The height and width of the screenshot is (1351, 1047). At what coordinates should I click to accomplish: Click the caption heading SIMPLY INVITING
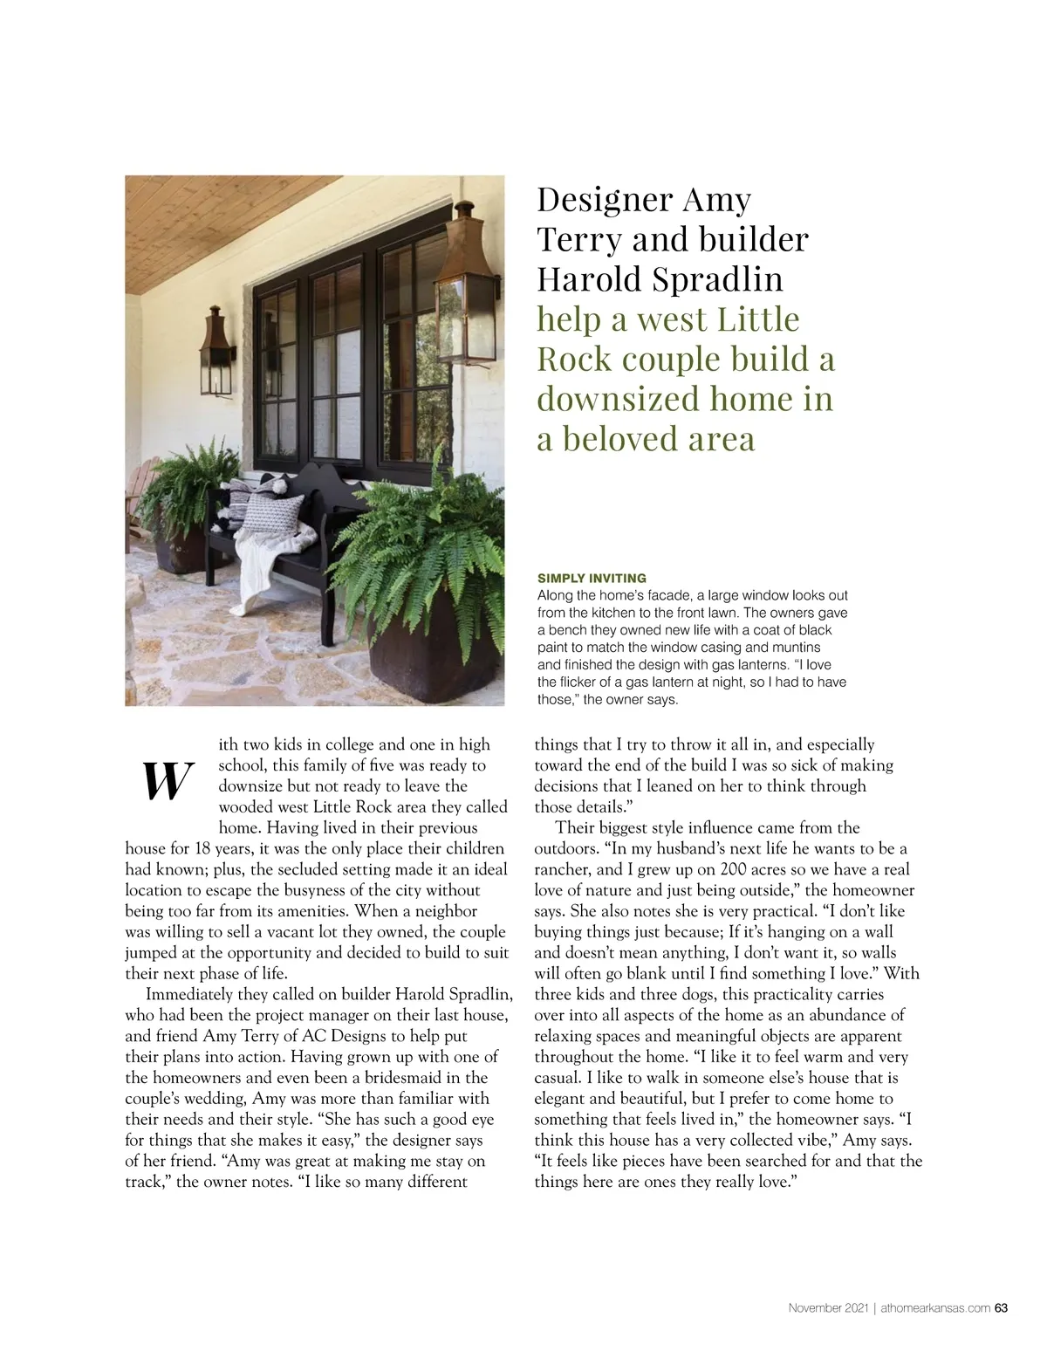tap(592, 578)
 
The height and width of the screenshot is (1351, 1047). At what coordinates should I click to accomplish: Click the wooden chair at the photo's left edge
tap(133, 506)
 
